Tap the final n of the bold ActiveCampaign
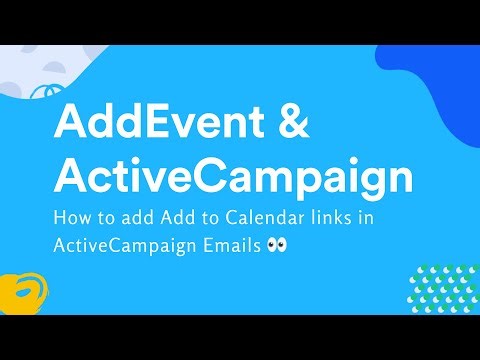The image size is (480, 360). coord(397,180)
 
